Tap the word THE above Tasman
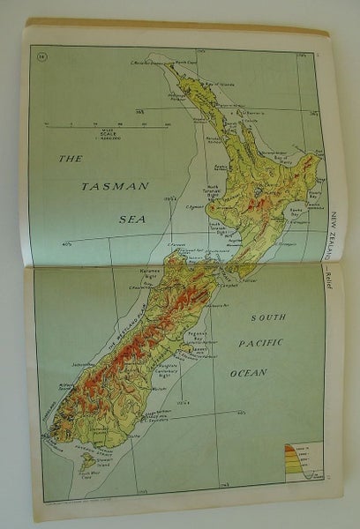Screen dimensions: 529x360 point(70,159)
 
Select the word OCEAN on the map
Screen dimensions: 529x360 point(248,373)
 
